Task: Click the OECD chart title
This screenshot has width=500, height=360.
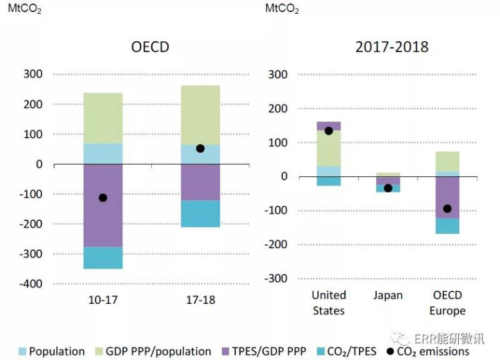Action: [x=150, y=47]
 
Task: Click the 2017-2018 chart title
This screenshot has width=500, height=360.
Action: [x=392, y=47]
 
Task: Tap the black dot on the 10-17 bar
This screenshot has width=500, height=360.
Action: [x=103, y=197]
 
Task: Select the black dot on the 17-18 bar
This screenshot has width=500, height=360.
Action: [x=200, y=148]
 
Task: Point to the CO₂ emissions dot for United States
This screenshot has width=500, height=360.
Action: [x=329, y=131]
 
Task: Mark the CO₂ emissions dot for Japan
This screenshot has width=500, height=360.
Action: [x=388, y=188]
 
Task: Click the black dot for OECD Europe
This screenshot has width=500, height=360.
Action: [x=447, y=209]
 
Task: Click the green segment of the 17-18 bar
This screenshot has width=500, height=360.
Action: [x=200, y=116]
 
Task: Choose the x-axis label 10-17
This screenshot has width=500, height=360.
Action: [x=103, y=300]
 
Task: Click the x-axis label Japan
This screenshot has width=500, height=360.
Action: [x=388, y=295]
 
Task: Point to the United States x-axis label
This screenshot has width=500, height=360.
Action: [x=329, y=302]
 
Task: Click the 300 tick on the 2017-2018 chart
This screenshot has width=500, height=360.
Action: [x=277, y=74]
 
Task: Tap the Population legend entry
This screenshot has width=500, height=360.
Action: [x=50, y=351]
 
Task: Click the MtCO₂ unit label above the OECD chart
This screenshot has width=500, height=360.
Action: [x=24, y=10]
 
